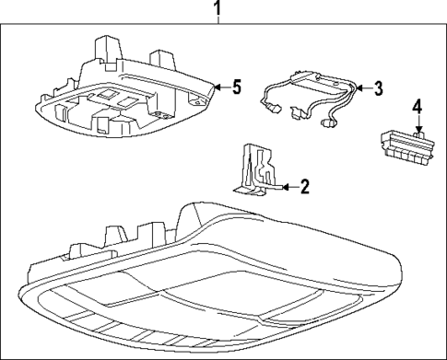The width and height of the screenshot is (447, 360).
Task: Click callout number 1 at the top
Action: click(x=218, y=10)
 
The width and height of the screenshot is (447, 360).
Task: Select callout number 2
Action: click(x=305, y=187)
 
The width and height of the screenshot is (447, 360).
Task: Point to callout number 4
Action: click(x=417, y=108)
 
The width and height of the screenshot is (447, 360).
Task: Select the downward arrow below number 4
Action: click(x=417, y=127)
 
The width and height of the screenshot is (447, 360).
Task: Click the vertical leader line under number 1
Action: click(x=218, y=25)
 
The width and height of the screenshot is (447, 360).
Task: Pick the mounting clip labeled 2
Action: click(x=254, y=169)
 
